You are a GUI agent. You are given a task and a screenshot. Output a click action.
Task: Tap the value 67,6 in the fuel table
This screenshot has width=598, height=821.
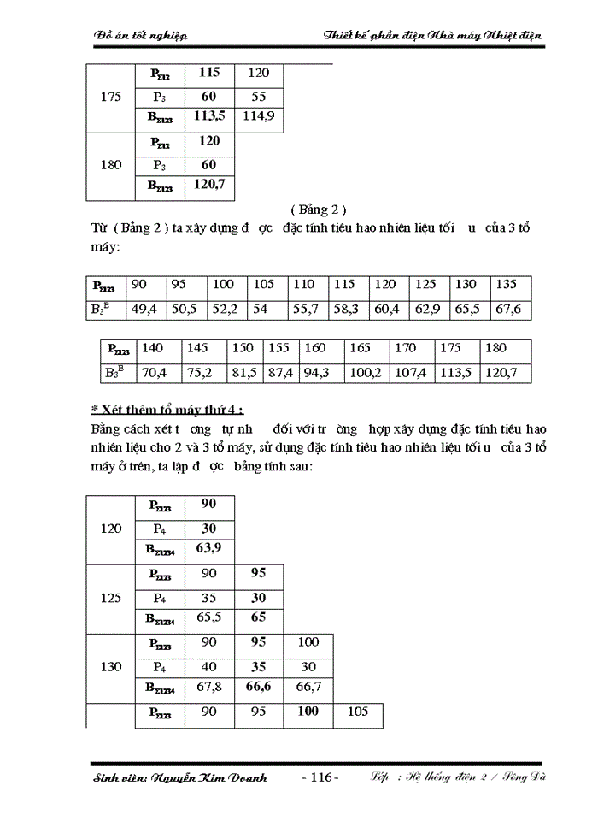tap(510, 309)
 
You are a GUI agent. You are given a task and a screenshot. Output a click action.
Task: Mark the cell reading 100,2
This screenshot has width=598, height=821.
tap(366, 372)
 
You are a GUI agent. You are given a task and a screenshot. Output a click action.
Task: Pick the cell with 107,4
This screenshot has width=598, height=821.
tap(412, 372)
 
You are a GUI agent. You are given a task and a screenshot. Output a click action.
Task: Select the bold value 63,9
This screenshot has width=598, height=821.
tap(208, 547)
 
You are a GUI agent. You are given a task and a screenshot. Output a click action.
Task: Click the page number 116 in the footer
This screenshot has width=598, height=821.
tap(320, 777)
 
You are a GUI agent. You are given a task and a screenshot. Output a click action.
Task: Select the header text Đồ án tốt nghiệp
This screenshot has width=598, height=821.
tap(140, 34)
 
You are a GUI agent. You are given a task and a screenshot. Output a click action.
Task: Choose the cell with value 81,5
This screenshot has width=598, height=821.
tap(243, 372)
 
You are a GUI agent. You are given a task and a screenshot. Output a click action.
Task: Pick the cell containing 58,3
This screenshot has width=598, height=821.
tap(347, 309)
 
